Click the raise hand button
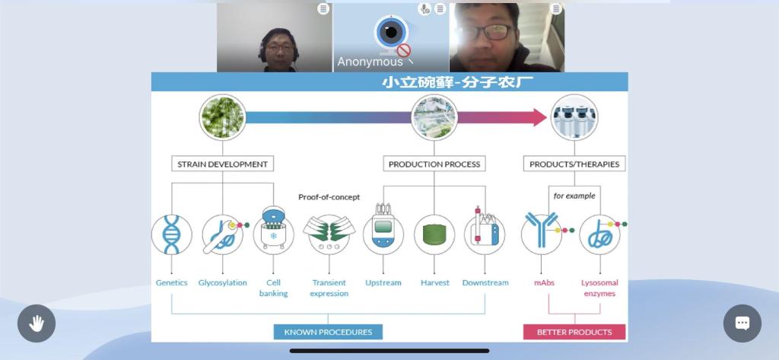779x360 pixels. (37, 323)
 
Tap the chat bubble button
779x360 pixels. (742, 323)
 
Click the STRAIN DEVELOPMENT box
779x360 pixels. (222, 164)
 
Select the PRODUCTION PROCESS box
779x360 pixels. (434, 164)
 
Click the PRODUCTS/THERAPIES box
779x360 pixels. (574, 164)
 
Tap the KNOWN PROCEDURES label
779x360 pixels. (328, 332)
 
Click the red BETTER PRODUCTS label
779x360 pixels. (574, 332)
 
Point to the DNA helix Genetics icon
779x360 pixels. (172, 234)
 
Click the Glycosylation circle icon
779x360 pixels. (222, 234)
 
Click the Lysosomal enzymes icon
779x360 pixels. (599, 234)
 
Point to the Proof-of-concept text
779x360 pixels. (329, 197)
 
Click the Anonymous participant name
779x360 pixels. (370, 62)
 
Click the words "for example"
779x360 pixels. (574, 196)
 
